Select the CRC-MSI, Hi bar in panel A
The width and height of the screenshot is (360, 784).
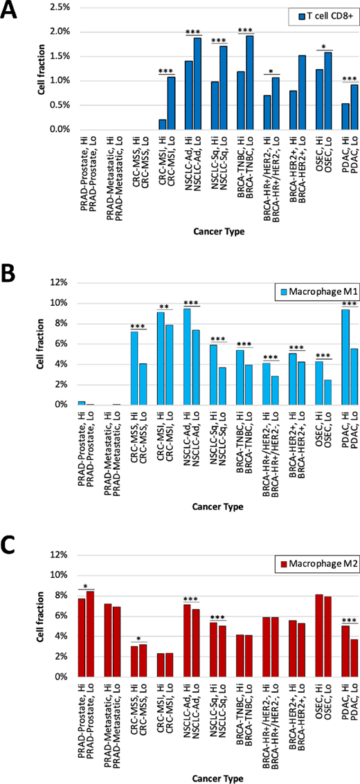pyautogui.click(x=161, y=125)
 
